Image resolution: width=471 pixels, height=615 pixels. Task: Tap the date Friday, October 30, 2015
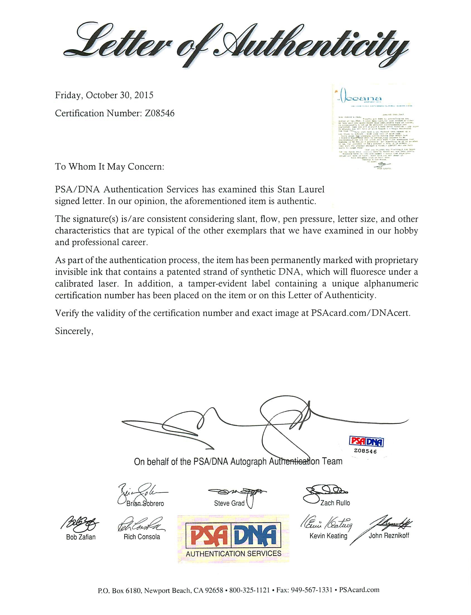coord(104,95)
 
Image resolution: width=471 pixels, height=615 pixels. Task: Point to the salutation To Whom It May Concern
coord(109,167)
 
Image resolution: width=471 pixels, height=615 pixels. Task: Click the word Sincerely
coord(74,331)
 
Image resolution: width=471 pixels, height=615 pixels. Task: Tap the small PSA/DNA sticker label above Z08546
coord(366,442)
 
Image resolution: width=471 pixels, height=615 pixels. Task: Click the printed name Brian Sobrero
coord(145,504)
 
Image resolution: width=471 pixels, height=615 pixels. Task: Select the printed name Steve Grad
coord(229,503)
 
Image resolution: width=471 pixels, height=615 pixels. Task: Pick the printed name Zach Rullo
coord(335,503)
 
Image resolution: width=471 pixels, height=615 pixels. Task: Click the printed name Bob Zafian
coord(81,537)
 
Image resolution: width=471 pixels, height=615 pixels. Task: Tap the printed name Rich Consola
coord(142,537)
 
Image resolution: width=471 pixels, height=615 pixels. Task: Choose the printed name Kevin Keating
coord(328,536)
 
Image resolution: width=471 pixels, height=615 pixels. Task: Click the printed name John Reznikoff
coord(388,536)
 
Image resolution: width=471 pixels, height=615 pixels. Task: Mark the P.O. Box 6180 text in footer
coord(120,590)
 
